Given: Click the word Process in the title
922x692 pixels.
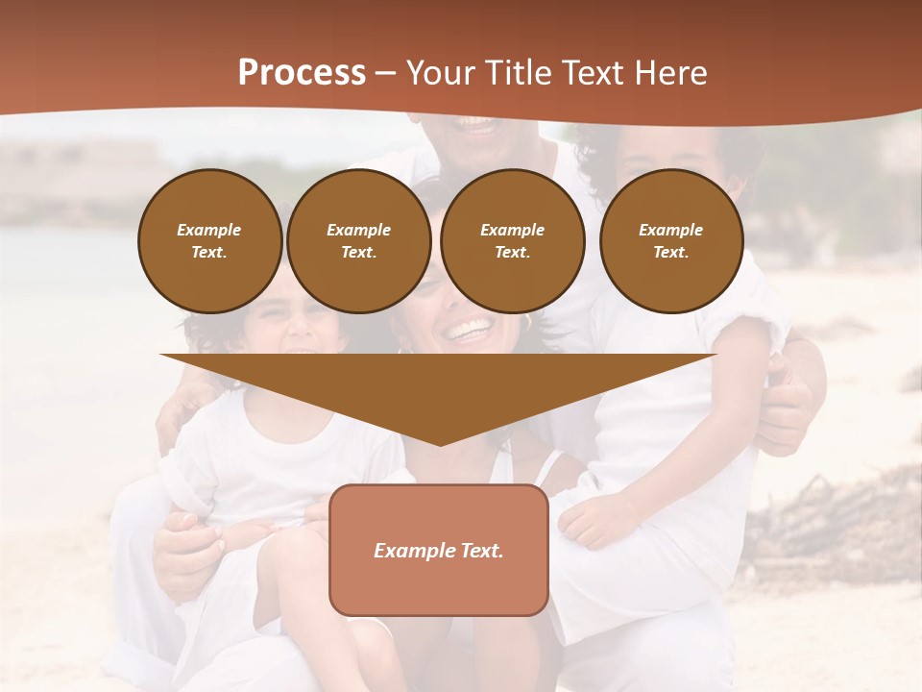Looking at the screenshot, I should pyautogui.click(x=302, y=73).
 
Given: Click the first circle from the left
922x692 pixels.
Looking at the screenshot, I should pyautogui.click(x=209, y=241).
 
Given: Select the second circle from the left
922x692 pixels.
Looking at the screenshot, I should pyautogui.click(x=359, y=241).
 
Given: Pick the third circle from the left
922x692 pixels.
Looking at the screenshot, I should pyautogui.click(x=513, y=241).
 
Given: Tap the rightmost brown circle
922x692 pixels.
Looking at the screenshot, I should pyautogui.click(x=671, y=241).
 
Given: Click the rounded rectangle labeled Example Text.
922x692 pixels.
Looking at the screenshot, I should pyautogui.click(x=439, y=550).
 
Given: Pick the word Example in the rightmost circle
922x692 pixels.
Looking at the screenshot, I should pyautogui.click(x=671, y=230).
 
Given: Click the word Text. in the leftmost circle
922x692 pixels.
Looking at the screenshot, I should pyautogui.click(x=209, y=253).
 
